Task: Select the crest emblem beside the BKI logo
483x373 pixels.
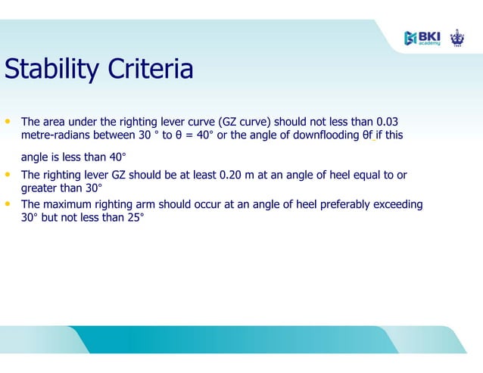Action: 457,38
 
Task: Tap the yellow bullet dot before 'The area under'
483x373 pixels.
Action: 8,121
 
